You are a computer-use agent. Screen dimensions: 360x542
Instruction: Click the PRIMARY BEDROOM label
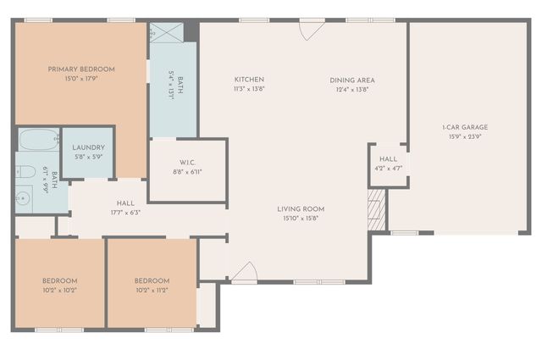tap(81, 69)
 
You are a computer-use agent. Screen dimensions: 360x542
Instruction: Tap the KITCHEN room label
tap(249, 80)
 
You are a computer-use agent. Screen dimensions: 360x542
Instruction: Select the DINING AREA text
tap(352, 80)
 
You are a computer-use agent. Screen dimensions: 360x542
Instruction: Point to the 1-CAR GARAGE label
tap(465, 127)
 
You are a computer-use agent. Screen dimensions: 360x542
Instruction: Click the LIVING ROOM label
tap(301, 209)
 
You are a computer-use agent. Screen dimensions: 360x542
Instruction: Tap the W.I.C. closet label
tap(188, 162)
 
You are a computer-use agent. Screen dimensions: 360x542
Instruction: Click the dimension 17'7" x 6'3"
tap(125, 213)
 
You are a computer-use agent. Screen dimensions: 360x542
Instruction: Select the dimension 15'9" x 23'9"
tap(465, 136)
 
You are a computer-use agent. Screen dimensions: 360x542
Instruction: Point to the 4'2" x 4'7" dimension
tap(388, 168)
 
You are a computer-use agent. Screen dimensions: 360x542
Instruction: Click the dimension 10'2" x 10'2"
tap(60, 290)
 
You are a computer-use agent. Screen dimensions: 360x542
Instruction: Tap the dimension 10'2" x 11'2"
tap(152, 290)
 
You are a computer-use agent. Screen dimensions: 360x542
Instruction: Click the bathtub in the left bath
tap(38, 139)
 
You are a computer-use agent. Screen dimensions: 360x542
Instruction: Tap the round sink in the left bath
tap(24, 199)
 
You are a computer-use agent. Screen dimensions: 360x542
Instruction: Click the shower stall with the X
tap(166, 33)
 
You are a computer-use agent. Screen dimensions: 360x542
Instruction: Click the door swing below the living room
tap(244, 273)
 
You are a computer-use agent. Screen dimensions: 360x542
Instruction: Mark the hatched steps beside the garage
tap(378, 209)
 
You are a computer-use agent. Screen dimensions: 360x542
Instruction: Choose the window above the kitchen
tap(253, 19)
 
